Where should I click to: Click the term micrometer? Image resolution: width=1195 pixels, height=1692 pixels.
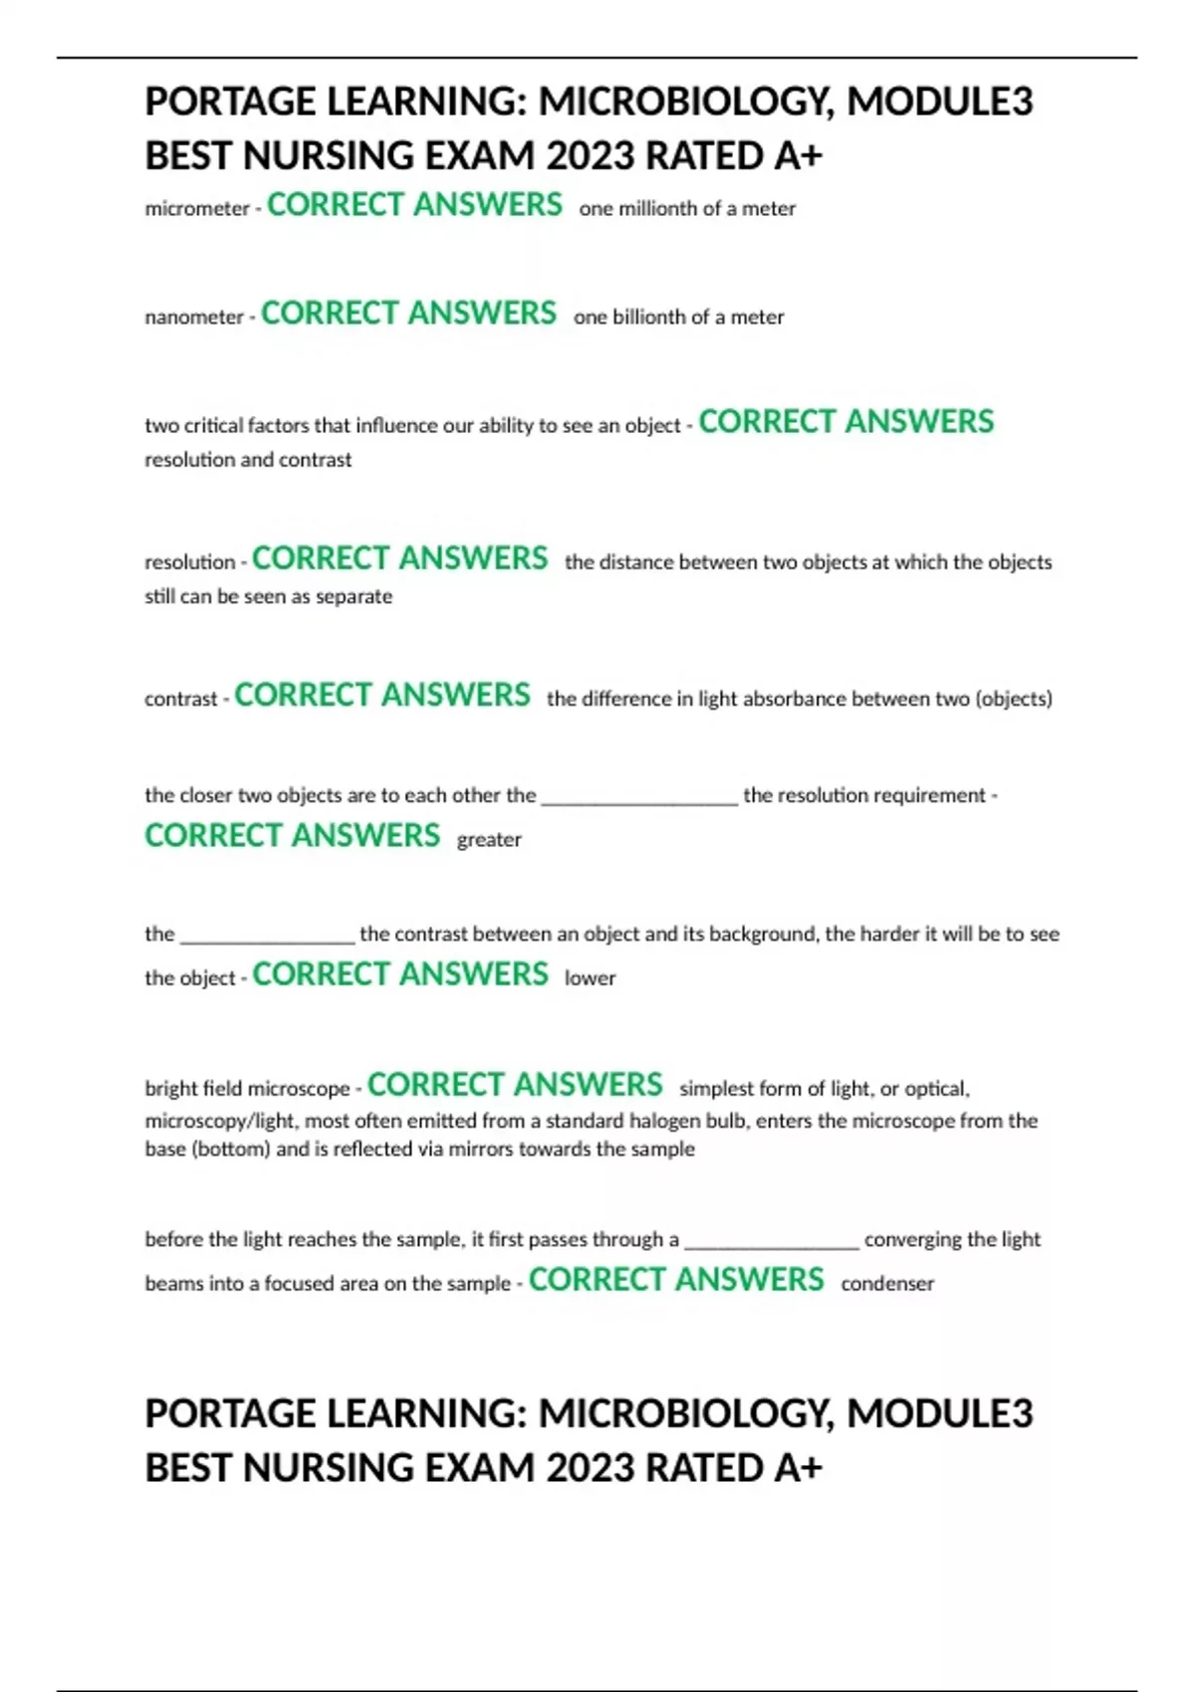[x=197, y=209]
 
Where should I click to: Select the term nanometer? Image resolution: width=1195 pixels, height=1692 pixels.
[x=194, y=317]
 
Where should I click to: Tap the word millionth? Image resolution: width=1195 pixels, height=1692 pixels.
[x=658, y=209]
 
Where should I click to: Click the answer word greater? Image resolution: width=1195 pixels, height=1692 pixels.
[x=489, y=840]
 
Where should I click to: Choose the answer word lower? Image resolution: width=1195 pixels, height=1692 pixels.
[x=590, y=978]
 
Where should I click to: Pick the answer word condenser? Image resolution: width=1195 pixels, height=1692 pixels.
[x=887, y=1284]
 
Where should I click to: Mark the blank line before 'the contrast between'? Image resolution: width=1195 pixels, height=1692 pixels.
[x=267, y=937]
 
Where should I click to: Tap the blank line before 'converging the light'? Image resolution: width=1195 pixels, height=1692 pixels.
[x=772, y=1242]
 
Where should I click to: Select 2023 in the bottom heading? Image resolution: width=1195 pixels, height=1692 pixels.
[x=591, y=1468]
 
